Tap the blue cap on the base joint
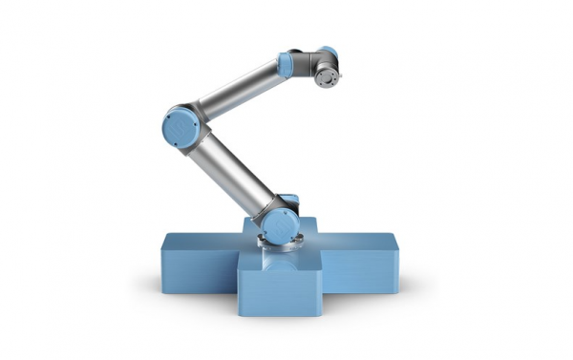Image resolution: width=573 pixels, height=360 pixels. coord(280,225)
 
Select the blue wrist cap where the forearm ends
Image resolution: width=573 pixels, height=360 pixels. coord(285,64)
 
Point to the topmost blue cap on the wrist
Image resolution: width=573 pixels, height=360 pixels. coord(328,52)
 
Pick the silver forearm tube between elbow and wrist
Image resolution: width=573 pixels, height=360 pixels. coord(239,87)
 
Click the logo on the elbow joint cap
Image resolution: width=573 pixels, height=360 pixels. coord(179,126)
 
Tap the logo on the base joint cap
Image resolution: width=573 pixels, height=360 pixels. coord(281,226)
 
